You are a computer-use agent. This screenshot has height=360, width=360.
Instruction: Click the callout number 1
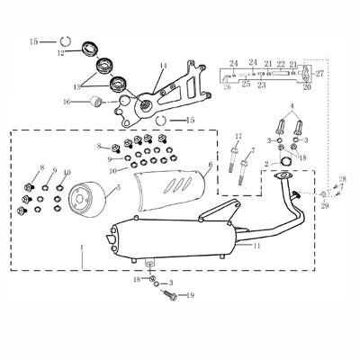tap(83, 247)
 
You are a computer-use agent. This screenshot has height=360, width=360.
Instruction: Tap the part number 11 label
tap(257, 245)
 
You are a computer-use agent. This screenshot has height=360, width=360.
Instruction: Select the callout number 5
tap(117, 190)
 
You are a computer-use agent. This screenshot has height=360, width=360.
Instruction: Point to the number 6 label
tap(211, 166)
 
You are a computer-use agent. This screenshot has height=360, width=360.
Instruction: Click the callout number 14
tap(164, 67)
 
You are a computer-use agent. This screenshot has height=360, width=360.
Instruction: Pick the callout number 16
tap(67, 103)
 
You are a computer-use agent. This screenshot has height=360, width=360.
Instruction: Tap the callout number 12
tap(61, 53)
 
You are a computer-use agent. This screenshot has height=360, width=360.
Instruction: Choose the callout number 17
tap(238, 137)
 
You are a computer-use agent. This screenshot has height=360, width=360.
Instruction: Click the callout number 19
tap(190, 295)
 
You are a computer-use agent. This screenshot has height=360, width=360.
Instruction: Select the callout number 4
tap(291, 106)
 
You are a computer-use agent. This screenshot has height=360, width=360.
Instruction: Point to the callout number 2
tap(265, 163)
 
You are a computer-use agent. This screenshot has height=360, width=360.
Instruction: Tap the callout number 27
tap(319, 73)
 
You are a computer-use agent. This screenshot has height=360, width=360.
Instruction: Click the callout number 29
tap(325, 206)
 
